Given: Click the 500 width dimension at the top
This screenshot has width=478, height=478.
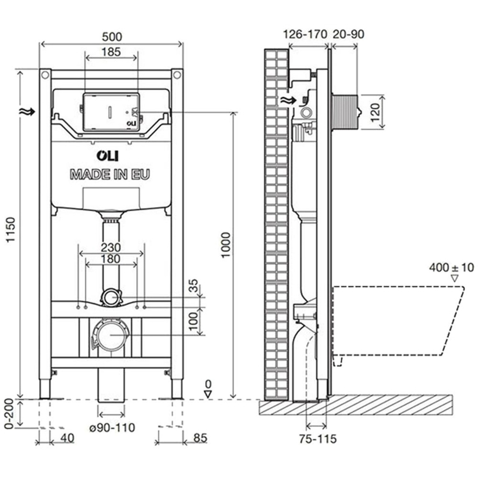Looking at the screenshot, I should [x=111, y=36].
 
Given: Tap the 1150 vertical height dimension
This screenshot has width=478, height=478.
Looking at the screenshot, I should [x=11, y=230].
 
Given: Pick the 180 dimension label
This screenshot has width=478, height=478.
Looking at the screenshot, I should [x=111, y=259].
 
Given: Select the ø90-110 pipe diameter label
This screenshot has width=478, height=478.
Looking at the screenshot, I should [x=111, y=427].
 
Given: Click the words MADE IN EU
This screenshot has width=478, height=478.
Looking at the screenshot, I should [x=110, y=174].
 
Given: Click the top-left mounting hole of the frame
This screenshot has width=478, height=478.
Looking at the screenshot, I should [x=45, y=75].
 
